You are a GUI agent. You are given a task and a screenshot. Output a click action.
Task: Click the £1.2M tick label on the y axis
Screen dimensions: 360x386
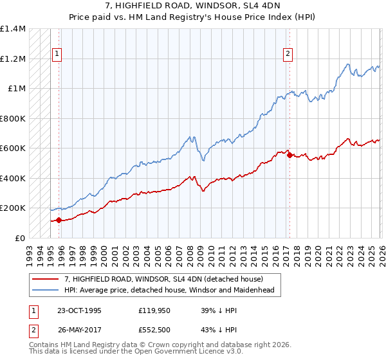[13, 59]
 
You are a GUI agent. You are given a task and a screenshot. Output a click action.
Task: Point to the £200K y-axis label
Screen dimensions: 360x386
[13, 208]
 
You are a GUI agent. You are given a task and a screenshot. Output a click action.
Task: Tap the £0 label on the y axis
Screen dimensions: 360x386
[19, 238]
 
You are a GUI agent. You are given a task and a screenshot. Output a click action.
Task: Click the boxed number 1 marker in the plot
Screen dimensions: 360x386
[57, 54]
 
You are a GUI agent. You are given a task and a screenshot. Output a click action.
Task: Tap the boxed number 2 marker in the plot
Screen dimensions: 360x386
[287, 54]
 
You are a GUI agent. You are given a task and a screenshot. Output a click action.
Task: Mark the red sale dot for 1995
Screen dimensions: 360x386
[59, 221]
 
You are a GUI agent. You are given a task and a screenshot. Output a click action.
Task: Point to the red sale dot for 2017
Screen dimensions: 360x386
[289, 155]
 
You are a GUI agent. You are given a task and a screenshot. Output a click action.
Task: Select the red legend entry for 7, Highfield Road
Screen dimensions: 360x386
[163, 279]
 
